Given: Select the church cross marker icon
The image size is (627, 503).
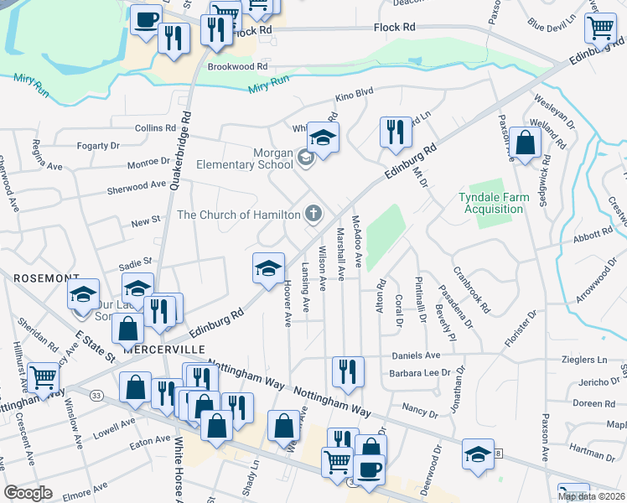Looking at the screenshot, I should coord(313,214).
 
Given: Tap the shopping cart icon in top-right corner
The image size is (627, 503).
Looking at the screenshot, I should coord(601,29).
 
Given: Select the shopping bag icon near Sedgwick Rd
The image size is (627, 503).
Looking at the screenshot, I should coord(525,143).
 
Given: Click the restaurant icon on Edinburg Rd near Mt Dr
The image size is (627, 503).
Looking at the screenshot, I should coord(391,132).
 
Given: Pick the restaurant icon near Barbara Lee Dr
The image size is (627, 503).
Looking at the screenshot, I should coord(347,371).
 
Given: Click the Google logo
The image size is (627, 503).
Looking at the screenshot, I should coord(28,493).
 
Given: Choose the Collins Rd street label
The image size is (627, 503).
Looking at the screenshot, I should coord(155,128).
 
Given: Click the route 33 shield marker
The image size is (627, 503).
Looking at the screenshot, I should coord(97,395).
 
